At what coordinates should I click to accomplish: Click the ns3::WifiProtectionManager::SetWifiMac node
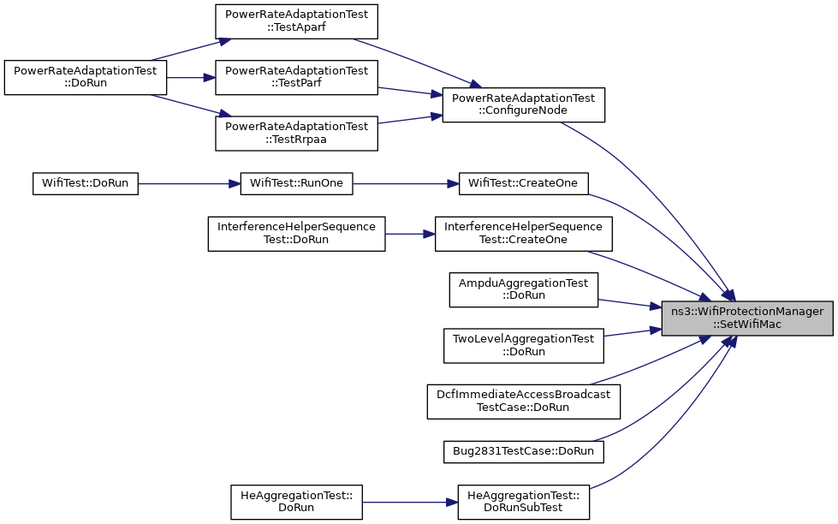747,319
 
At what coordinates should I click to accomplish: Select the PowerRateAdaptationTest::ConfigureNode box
524,104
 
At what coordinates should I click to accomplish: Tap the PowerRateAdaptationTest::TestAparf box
297,21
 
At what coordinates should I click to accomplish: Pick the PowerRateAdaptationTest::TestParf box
297,78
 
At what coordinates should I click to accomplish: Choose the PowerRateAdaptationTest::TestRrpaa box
297,133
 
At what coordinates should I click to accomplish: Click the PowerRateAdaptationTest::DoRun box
86,78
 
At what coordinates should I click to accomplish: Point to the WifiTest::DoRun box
86,183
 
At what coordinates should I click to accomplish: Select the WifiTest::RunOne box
297,183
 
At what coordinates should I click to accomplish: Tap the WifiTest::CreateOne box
524,183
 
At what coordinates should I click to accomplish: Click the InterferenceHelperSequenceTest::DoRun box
297,234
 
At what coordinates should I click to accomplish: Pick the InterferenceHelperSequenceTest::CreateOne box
524,234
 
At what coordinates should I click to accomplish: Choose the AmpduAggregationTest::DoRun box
524,289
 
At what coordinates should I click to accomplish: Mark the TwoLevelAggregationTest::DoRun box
524,346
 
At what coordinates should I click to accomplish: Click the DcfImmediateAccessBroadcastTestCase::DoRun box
524,402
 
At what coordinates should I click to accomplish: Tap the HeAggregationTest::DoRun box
297,502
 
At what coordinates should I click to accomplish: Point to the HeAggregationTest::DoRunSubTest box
524,502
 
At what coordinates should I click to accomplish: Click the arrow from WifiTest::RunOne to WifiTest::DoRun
189,183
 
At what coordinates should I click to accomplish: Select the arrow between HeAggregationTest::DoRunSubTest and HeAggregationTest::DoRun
410,502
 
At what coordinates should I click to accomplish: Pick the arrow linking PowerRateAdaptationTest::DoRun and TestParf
191,78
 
